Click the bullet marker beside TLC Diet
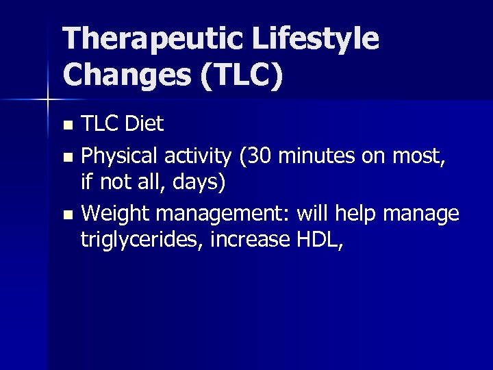coord(66,125)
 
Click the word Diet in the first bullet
coord(145,124)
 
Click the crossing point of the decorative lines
coord(47,101)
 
